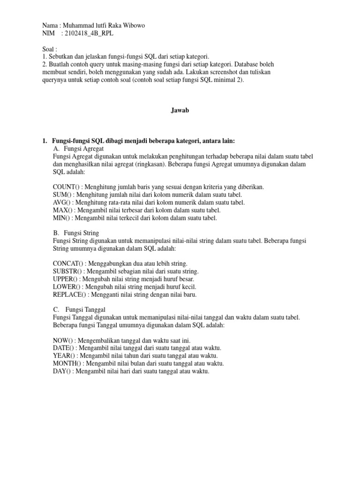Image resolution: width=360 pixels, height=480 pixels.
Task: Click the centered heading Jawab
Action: [x=180, y=111]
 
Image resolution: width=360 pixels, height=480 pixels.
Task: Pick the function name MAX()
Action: [x=63, y=210]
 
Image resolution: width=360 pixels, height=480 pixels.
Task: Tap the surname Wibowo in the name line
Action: [x=132, y=26]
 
